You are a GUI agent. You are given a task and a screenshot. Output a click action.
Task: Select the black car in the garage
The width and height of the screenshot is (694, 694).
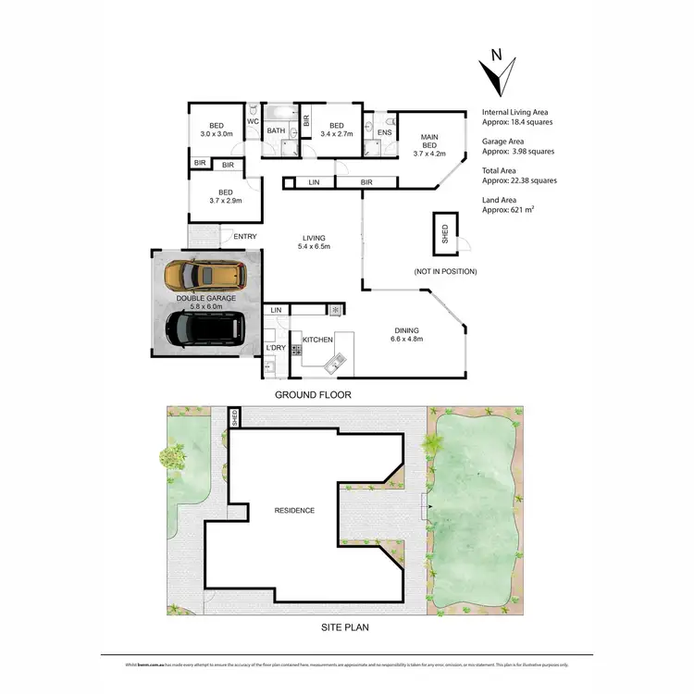point(205,327)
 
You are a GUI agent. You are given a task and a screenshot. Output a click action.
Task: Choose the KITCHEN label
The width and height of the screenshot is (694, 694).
point(318,341)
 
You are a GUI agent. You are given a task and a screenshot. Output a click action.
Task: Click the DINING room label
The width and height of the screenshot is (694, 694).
point(407,330)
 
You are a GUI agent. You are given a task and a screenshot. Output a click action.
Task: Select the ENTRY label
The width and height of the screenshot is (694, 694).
point(245,237)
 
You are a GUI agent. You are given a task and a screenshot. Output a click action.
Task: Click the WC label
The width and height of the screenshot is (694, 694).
point(252,121)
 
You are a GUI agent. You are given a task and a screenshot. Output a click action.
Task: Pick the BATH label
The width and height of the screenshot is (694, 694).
point(276,130)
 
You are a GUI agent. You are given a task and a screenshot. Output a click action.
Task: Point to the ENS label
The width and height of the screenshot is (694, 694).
point(385,131)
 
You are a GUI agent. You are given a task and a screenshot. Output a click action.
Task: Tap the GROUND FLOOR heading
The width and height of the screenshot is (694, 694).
point(313,394)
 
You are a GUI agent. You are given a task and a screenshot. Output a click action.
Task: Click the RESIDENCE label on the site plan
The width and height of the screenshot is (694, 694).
point(294,510)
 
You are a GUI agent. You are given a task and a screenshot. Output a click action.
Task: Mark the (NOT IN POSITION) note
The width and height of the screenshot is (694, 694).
point(445,272)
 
